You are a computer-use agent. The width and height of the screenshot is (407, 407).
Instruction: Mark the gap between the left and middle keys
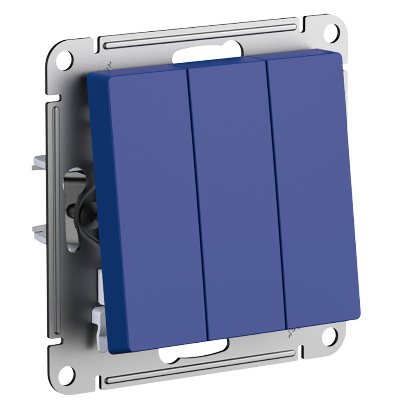[197, 199]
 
